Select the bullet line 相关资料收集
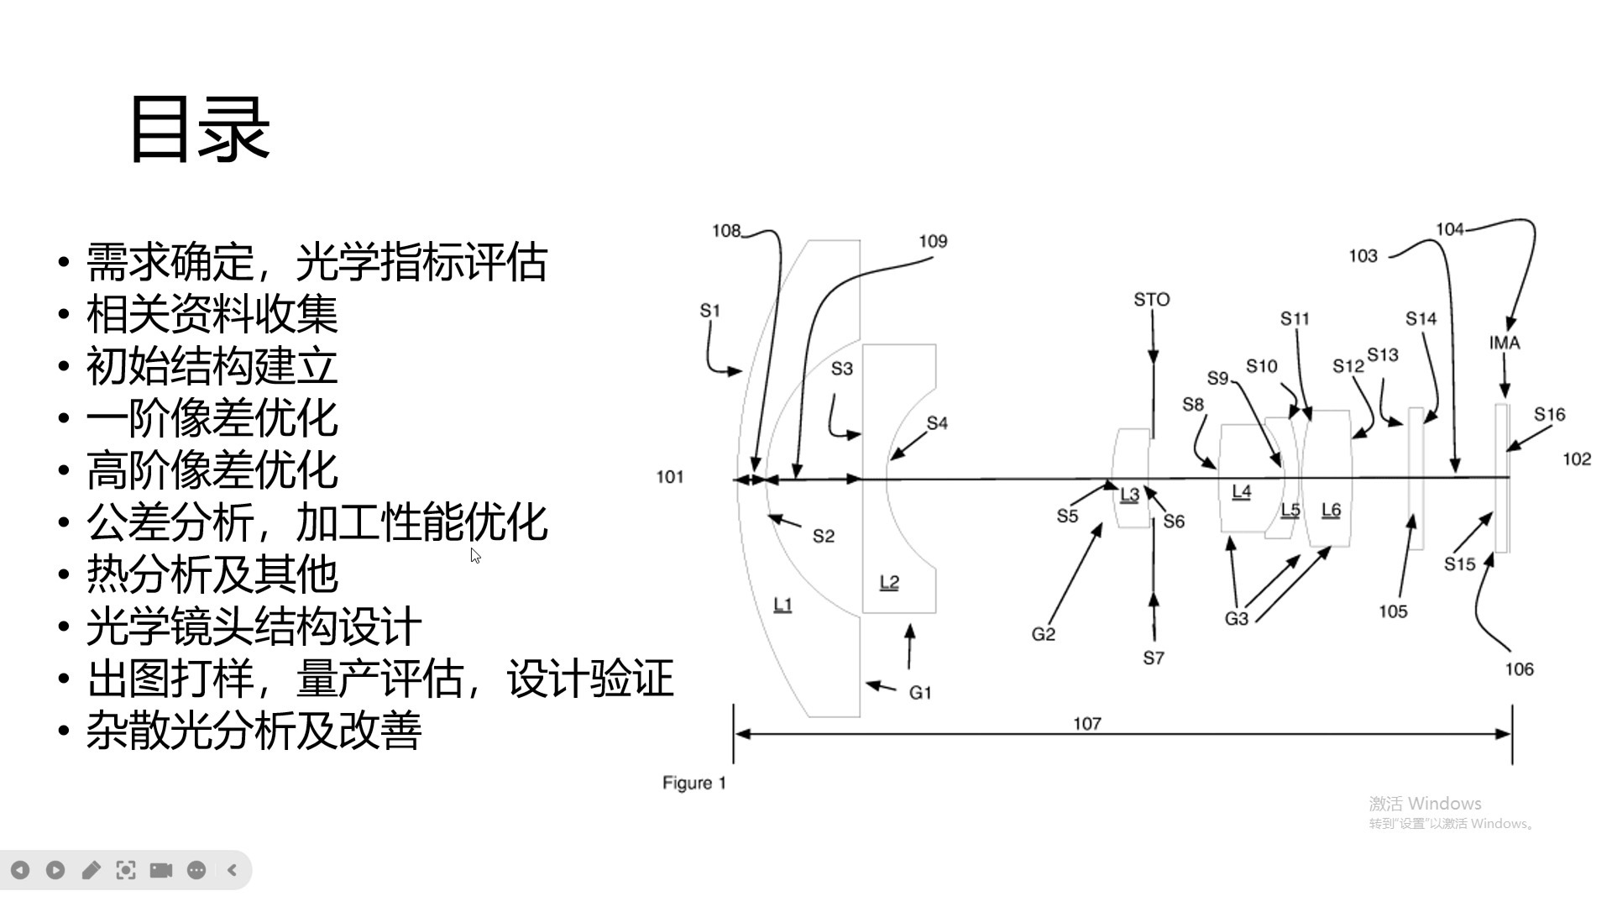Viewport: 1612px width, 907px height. [x=212, y=315]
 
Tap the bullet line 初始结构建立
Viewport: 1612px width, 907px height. [x=212, y=367]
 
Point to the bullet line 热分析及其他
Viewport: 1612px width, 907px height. [x=212, y=575]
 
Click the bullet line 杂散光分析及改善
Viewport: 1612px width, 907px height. [x=254, y=731]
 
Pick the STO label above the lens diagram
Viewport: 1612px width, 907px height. [x=1151, y=300]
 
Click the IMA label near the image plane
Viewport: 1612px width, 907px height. [x=1504, y=343]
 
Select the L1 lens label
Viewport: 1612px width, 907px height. [x=782, y=604]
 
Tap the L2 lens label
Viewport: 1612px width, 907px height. [x=889, y=582]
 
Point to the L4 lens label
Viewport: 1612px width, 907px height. [x=1241, y=491]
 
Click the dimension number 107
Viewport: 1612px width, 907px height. [x=1086, y=724]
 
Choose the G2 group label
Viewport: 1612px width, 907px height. [x=1043, y=635]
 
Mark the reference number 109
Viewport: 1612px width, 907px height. [x=933, y=242]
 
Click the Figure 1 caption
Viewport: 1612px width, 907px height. [x=694, y=784]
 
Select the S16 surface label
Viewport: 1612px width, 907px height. [x=1549, y=414]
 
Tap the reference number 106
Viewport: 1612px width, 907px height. [x=1519, y=669]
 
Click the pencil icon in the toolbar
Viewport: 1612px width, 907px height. [x=91, y=870]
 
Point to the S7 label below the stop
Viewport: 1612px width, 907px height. [x=1154, y=658]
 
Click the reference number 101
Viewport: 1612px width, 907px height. [x=669, y=477]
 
